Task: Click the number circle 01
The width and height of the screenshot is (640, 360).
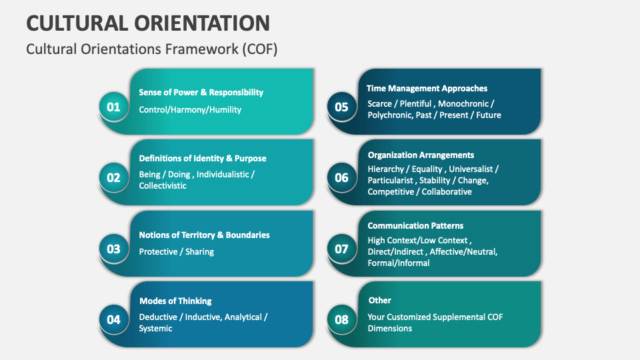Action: (114, 107)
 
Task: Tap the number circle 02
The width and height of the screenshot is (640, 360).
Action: (114, 177)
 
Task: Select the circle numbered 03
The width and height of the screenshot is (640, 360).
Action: (114, 249)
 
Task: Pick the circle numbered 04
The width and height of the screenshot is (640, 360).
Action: (114, 319)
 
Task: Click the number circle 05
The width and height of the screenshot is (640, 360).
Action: (341, 107)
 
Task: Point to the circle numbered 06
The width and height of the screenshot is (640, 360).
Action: (341, 177)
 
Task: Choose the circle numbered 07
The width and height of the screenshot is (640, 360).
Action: (341, 249)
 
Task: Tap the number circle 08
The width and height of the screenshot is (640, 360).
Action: (341, 319)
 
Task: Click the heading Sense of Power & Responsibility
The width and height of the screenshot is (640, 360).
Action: (201, 93)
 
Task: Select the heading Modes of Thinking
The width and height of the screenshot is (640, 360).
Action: (175, 301)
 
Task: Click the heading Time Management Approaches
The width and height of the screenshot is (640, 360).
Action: (427, 88)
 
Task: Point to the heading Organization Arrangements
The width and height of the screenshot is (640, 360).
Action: (421, 155)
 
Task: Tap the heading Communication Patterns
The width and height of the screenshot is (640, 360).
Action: (415, 225)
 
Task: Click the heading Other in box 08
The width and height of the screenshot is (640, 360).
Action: (379, 300)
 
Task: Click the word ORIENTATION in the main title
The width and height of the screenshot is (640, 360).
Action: (203, 22)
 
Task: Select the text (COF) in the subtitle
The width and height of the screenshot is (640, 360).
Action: (257, 49)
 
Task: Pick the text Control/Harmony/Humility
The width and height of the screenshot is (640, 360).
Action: (190, 109)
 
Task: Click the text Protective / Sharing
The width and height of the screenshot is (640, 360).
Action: (176, 251)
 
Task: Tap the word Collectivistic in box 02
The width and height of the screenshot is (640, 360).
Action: (163, 186)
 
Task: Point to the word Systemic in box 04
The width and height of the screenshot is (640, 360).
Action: (155, 328)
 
